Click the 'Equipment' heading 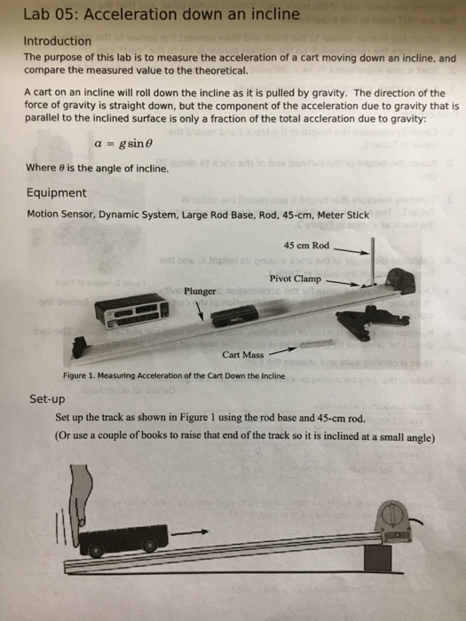pyautogui.click(x=57, y=193)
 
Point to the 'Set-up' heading pyautogui.click(x=44, y=399)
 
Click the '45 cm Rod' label pyautogui.click(x=306, y=245)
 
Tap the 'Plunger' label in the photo pyautogui.click(x=200, y=290)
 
